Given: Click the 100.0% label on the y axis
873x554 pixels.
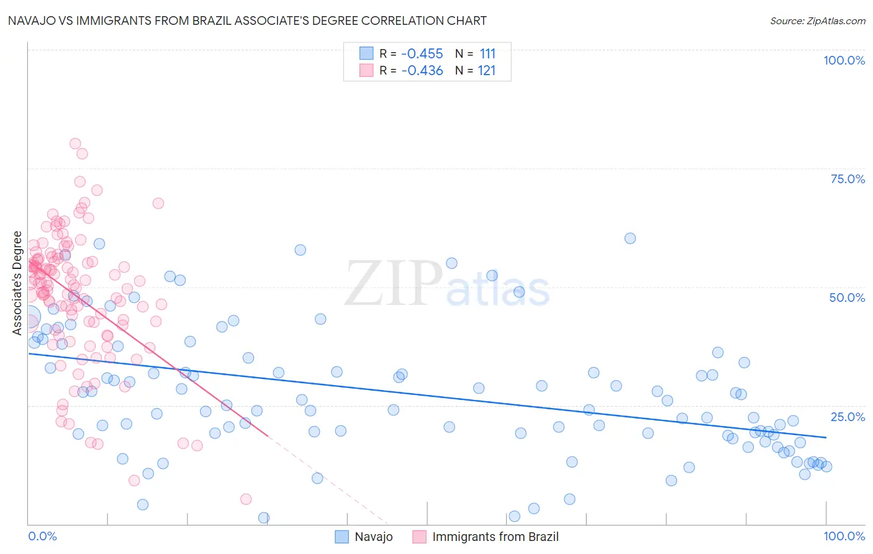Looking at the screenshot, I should [x=844, y=60].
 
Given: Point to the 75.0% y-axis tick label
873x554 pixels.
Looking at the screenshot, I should [x=848, y=179].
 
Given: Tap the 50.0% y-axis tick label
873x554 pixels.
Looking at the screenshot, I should [x=847, y=297].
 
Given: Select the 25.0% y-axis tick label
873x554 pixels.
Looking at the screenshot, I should [x=848, y=417].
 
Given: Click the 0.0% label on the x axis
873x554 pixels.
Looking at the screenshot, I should [x=42, y=536].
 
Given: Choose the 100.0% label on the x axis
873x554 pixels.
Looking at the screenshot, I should [x=844, y=536].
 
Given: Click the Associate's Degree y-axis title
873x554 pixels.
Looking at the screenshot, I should [x=17, y=283].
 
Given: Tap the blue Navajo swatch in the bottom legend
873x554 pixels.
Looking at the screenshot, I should [x=342, y=537].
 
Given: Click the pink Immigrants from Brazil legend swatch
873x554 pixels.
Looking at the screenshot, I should [x=419, y=537].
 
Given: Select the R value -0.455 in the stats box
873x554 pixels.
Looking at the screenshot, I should [x=422, y=54].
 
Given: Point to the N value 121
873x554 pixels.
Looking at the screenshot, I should [x=487, y=71].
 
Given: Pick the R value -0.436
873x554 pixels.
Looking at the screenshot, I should [x=422, y=71].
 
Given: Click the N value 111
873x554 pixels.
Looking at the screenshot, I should [x=487, y=54].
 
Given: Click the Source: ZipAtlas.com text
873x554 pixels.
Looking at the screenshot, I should [x=817, y=21].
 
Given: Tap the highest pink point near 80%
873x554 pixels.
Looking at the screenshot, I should [x=75, y=143].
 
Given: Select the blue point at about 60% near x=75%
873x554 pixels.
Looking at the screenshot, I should [x=630, y=238].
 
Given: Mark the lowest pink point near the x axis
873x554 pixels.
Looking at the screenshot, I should [x=246, y=499].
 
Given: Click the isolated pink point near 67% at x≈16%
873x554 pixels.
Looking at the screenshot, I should [x=158, y=203].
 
